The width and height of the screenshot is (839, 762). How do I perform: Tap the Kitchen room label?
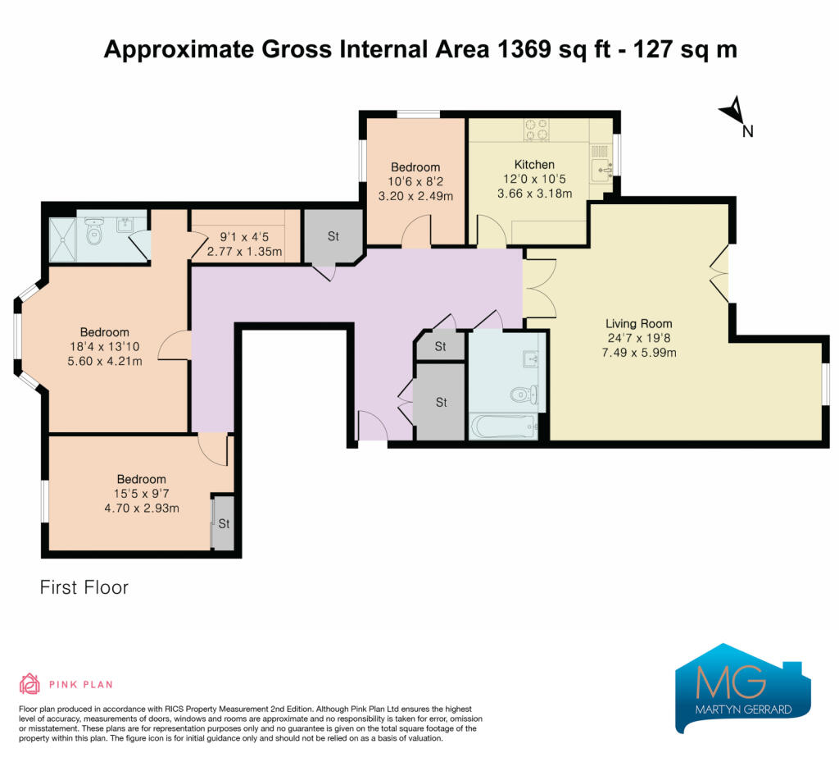(x=534, y=164)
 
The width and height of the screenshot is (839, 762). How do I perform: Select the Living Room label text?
(x=639, y=323)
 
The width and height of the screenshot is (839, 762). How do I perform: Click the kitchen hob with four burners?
(x=536, y=130)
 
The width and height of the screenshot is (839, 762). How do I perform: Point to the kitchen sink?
(x=602, y=170)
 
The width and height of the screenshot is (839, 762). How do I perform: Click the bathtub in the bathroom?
(x=504, y=427)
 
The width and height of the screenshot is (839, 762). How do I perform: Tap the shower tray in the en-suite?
(x=62, y=240)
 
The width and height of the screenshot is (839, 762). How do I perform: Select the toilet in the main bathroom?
(x=523, y=394)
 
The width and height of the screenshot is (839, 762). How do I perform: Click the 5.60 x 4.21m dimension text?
(x=105, y=362)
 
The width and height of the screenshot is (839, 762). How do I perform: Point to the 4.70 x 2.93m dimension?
(x=142, y=509)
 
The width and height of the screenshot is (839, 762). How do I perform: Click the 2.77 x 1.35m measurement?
(x=244, y=252)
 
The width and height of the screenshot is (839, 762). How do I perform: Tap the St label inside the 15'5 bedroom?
(x=224, y=523)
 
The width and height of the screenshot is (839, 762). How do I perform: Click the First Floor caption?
(x=84, y=587)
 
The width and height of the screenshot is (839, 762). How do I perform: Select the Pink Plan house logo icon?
(x=30, y=684)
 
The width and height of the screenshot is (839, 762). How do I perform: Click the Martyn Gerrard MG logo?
(x=743, y=688)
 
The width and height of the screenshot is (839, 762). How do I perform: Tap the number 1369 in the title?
(x=524, y=49)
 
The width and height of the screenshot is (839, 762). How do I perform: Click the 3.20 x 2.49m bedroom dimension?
(x=415, y=197)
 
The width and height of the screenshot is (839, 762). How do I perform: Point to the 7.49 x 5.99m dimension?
(x=639, y=353)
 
